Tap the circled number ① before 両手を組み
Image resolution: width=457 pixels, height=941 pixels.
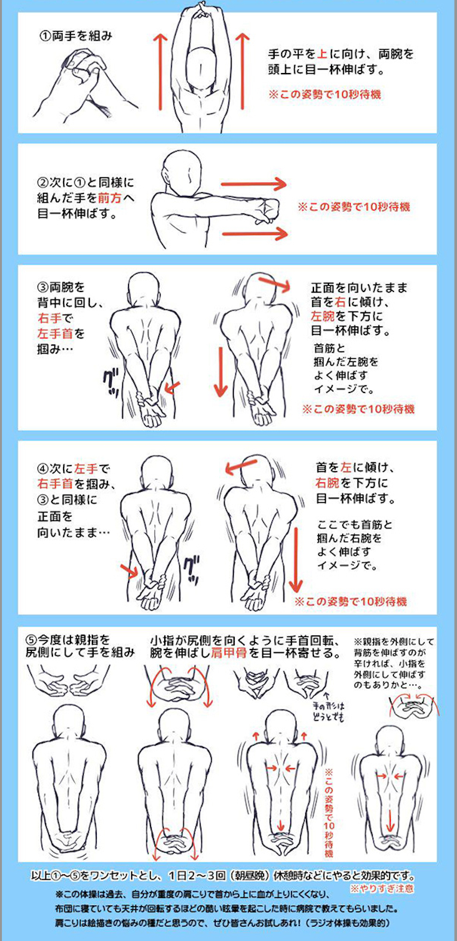(x=46, y=36)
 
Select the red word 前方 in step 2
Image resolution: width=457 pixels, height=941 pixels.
(x=110, y=197)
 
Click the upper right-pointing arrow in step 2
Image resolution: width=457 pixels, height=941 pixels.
(x=253, y=183)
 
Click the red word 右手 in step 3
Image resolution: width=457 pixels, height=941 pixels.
(x=49, y=318)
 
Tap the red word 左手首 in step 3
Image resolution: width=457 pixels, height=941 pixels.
(x=56, y=334)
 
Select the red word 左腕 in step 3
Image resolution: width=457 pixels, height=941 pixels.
(x=323, y=316)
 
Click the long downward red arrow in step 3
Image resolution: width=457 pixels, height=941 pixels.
(x=220, y=372)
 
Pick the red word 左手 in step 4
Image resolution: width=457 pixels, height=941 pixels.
(x=86, y=468)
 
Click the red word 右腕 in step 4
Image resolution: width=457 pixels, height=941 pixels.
(x=328, y=483)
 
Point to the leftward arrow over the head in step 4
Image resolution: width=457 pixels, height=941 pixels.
(x=241, y=466)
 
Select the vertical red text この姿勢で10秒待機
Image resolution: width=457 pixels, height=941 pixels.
(x=329, y=812)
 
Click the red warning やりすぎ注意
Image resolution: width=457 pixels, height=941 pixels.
(x=381, y=889)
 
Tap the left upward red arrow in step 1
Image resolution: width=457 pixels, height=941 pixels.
(x=160, y=71)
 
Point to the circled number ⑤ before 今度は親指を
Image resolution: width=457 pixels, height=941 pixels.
(x=32, y=640)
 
